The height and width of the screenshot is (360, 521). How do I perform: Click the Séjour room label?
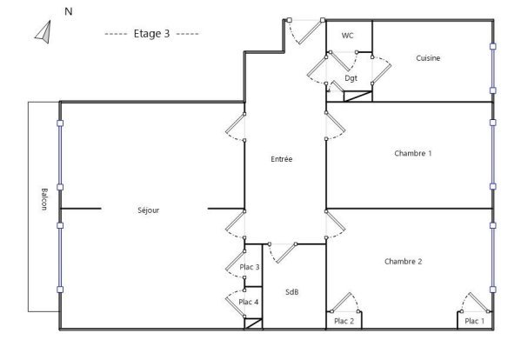coord(148,210)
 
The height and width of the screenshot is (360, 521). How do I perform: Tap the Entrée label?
coord(282,159)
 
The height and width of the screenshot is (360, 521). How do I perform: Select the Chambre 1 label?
coord(413,153)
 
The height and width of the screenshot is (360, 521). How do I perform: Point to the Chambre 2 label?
coord(403,262)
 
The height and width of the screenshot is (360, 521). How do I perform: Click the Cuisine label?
coord(428,58)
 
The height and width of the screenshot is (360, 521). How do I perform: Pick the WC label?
coord(347,36)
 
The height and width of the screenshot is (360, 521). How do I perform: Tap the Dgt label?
coord(351,78)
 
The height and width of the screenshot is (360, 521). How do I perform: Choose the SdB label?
coord(291,292)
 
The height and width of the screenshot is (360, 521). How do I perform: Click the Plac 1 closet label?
coord(475,321)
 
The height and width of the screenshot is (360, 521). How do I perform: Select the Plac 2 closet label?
coord(344,321)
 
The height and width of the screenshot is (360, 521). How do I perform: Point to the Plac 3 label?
coord(250,267)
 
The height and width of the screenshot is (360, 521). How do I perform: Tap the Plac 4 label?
coord(249,302)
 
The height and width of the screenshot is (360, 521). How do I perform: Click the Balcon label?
coord(44,199)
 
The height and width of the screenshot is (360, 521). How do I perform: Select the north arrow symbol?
coord(44,32)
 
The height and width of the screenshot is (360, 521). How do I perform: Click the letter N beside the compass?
coord(69,11)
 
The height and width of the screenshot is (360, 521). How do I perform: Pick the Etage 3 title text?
coord(151,34)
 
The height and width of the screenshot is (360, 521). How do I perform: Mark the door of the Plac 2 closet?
coord(345,303)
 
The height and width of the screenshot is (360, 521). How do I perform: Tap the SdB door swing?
coord(283,253)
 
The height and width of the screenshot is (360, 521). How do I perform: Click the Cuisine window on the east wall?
coord(493,69)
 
